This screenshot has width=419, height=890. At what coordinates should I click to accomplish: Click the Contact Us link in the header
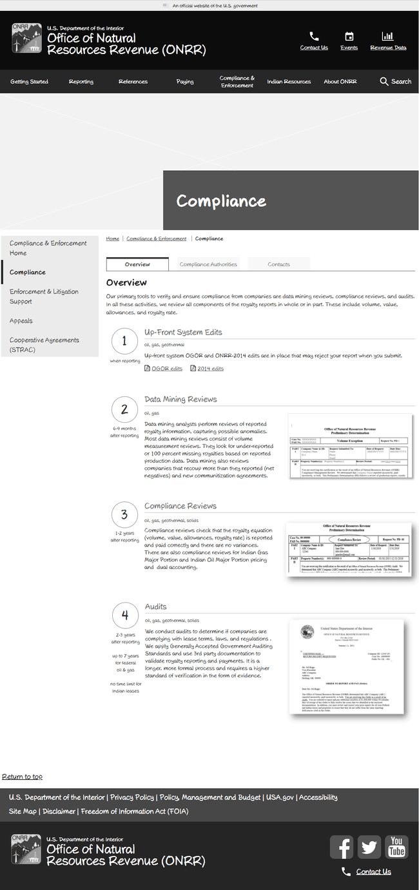(x=314, y=48)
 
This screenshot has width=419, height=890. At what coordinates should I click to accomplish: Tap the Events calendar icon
(x=349, y=37)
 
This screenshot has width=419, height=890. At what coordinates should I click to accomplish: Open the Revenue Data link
(x=388, y=48)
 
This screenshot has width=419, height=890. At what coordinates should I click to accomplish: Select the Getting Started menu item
(x=29, y=82)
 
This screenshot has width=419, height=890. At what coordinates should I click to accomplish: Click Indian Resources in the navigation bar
(x=289, y=82)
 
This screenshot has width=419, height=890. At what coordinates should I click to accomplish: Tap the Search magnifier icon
(x=384, y=82)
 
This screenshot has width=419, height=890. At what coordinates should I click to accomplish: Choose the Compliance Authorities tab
(x=208, y=264)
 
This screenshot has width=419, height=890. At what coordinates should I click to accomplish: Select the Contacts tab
(x=278, y=264)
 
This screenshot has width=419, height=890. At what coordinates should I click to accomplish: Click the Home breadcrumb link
(x=113, y=239)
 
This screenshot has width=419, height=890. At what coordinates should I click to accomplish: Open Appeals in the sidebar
(x=21, y=321)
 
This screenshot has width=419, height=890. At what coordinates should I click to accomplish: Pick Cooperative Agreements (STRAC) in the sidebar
(x=44, y=345)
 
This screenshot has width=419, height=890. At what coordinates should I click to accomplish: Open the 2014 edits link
(x=210, y=369)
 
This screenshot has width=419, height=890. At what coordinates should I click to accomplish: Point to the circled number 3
(x=124, y=515)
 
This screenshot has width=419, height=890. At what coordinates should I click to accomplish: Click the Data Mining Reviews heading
(x=180, y=400)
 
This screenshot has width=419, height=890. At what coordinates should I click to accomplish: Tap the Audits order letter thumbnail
(x=346, y=666)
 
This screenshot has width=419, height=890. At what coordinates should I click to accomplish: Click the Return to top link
(x=22, y=777)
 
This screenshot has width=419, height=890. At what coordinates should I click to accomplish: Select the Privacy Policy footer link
(x=132, y=797)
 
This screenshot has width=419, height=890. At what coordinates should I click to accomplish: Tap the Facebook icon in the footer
(x=342, y=847)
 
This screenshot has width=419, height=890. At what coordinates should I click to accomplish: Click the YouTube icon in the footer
(x=396, y=847)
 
